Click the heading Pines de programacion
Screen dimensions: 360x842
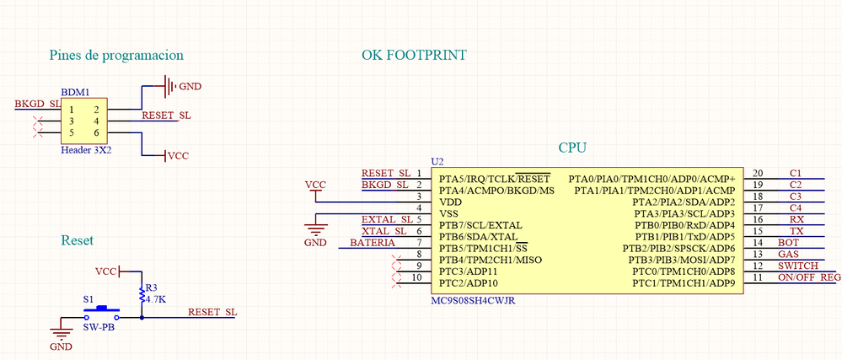coord(116,56)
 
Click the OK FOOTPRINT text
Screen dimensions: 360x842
coord(414,56)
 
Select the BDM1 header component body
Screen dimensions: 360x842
coord(84,121)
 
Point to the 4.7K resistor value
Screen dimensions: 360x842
coord(156,299)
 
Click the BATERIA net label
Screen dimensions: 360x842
coord(372,243)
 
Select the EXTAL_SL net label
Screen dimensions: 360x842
coord(384,219)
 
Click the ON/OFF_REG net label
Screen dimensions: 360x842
coord(809,277)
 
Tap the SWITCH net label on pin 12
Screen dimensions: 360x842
coord(796,266)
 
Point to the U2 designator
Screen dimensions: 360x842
coord(436,161)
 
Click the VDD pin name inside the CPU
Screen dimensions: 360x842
coord(451,202)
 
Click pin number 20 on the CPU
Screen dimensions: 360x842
coord(757,173)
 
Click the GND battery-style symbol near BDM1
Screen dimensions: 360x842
coord(169,85)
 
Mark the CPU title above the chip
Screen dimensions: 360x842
coord(572,148)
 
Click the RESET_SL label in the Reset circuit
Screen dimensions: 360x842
coord(212,312)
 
